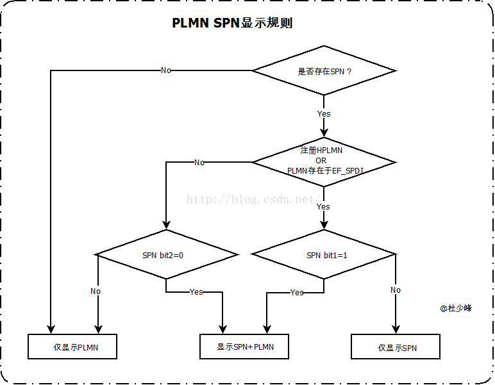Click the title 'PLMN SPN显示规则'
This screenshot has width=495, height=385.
(x=232, y=23)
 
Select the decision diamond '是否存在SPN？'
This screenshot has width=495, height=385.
(x=324, y=71)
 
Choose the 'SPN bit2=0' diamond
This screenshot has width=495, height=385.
(x=167, y=255)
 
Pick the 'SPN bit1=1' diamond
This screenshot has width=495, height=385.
(x=324, y=255)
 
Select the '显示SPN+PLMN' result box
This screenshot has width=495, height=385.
(x=244, y=347)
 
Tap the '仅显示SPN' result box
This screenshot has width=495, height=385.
(x=396, y=347)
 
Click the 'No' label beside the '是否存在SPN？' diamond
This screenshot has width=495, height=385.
(x=166, y=70)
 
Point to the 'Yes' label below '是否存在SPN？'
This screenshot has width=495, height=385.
(x=324, y=114)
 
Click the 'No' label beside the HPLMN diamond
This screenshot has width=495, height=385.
(x=199, y=163)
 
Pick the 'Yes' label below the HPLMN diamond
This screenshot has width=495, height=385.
(x=323, y=206)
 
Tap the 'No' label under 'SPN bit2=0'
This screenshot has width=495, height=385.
(x=96, y=291)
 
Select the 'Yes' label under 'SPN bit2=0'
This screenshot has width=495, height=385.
(x=196, y=292)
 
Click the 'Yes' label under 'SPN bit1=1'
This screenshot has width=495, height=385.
(x=296, y=293)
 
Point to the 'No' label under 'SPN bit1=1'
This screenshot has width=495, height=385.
(x=396, y=290)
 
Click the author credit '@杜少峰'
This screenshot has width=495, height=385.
(x=456, y=308)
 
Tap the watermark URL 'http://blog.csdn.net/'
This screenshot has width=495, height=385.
(x=254, y=199)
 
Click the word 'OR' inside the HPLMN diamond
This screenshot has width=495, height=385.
(x=321, y=160)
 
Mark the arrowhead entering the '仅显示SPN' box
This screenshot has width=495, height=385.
(x=396, y=330)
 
